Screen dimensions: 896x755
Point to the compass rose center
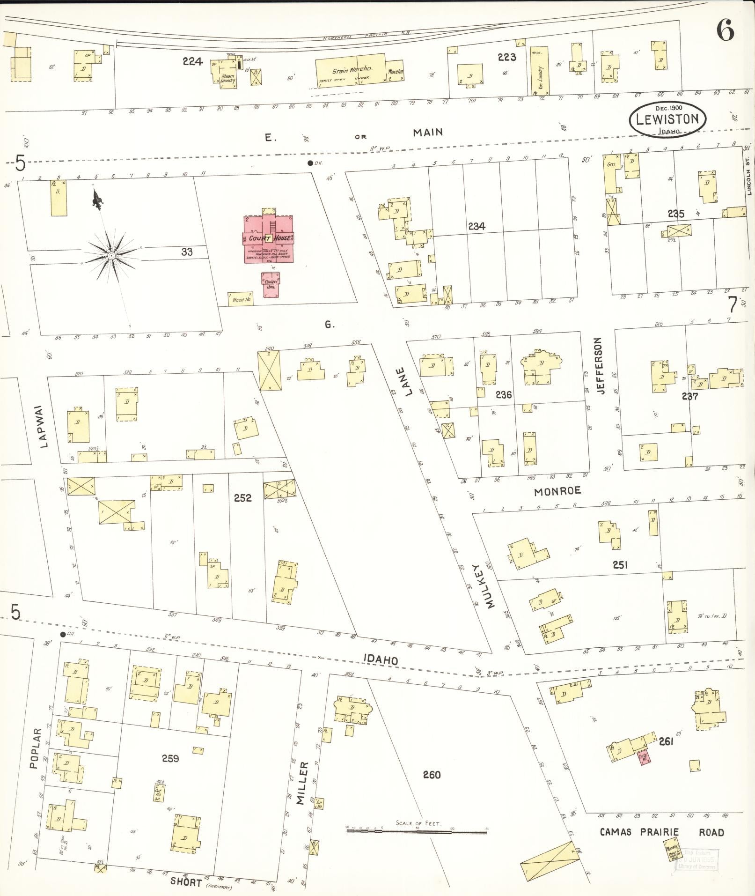tap(111, 256)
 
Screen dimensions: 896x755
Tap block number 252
tap(243, 498)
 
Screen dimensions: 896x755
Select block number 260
tap(432, 775)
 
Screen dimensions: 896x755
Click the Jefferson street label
tap(601, 366)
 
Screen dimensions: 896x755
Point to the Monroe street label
tap(557, 491)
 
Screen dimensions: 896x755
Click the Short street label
tap(186, 882)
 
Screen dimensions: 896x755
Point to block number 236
tap(503, 395)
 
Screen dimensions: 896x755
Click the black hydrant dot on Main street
tap(310, 163)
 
